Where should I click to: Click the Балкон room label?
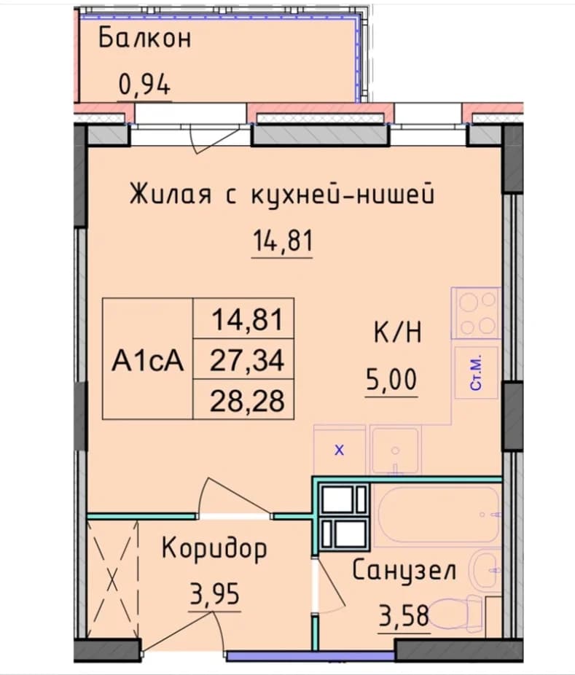point(144,39)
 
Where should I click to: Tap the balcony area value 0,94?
point(144,84)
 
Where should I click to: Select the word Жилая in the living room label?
point(171,194)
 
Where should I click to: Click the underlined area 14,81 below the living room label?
point(282,241)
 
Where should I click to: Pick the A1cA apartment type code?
point(148,360)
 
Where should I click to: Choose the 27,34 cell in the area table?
point(247,360)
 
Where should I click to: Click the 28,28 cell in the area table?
point(247,400)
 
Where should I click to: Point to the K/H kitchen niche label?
point(398,334)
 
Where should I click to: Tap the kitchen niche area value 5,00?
point(391,380)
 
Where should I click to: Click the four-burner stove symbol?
point(477,313)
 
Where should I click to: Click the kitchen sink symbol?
point(396,450)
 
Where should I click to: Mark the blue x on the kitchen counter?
point(340,450)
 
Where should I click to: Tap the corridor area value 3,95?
point(215,594)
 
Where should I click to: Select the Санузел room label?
point(404,571)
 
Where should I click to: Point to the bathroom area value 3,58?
point(404,616)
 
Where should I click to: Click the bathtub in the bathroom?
point(437,515)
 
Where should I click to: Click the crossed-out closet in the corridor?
point(113,579)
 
